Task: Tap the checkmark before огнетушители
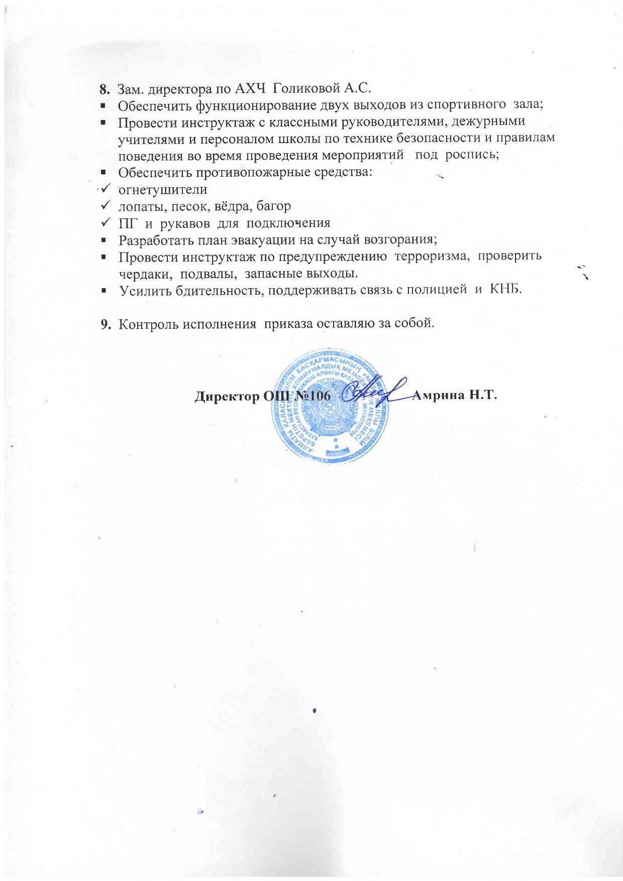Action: pyautogui.click(x=106, y=189)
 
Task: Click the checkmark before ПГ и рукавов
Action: pyautogui.click(x=106, y=222)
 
